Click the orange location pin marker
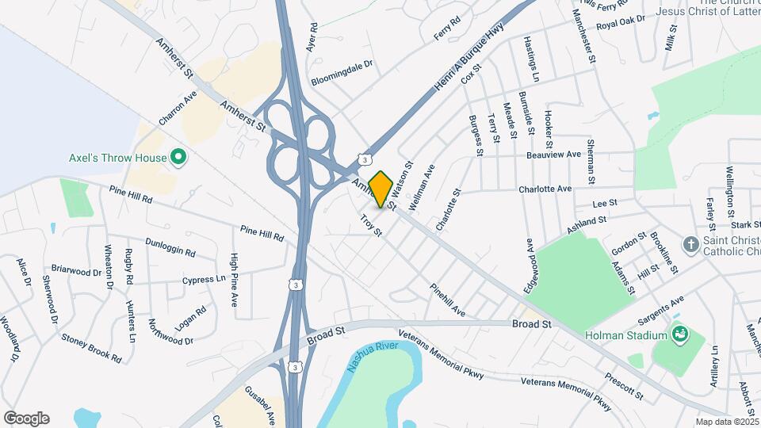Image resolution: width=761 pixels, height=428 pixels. tap(381, 189)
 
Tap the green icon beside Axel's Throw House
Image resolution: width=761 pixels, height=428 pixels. tap(178, 158)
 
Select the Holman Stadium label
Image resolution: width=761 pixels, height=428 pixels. tap(626, 335)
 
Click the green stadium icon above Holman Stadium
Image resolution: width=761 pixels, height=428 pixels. tap(678, 334)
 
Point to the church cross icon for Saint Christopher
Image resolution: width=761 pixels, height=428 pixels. tap(691, 245)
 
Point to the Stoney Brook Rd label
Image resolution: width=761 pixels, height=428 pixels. tap(92, 348)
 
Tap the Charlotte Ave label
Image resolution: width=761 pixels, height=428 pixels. tap(545, 189)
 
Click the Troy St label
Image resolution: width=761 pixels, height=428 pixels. tap(371, 225)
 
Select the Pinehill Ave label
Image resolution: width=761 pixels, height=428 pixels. tap(448, 301)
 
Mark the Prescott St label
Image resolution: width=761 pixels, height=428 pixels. tap(623, 384)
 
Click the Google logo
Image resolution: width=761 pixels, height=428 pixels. tap(26, 418)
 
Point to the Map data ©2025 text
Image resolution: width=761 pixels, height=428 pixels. tap(727, 422)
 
